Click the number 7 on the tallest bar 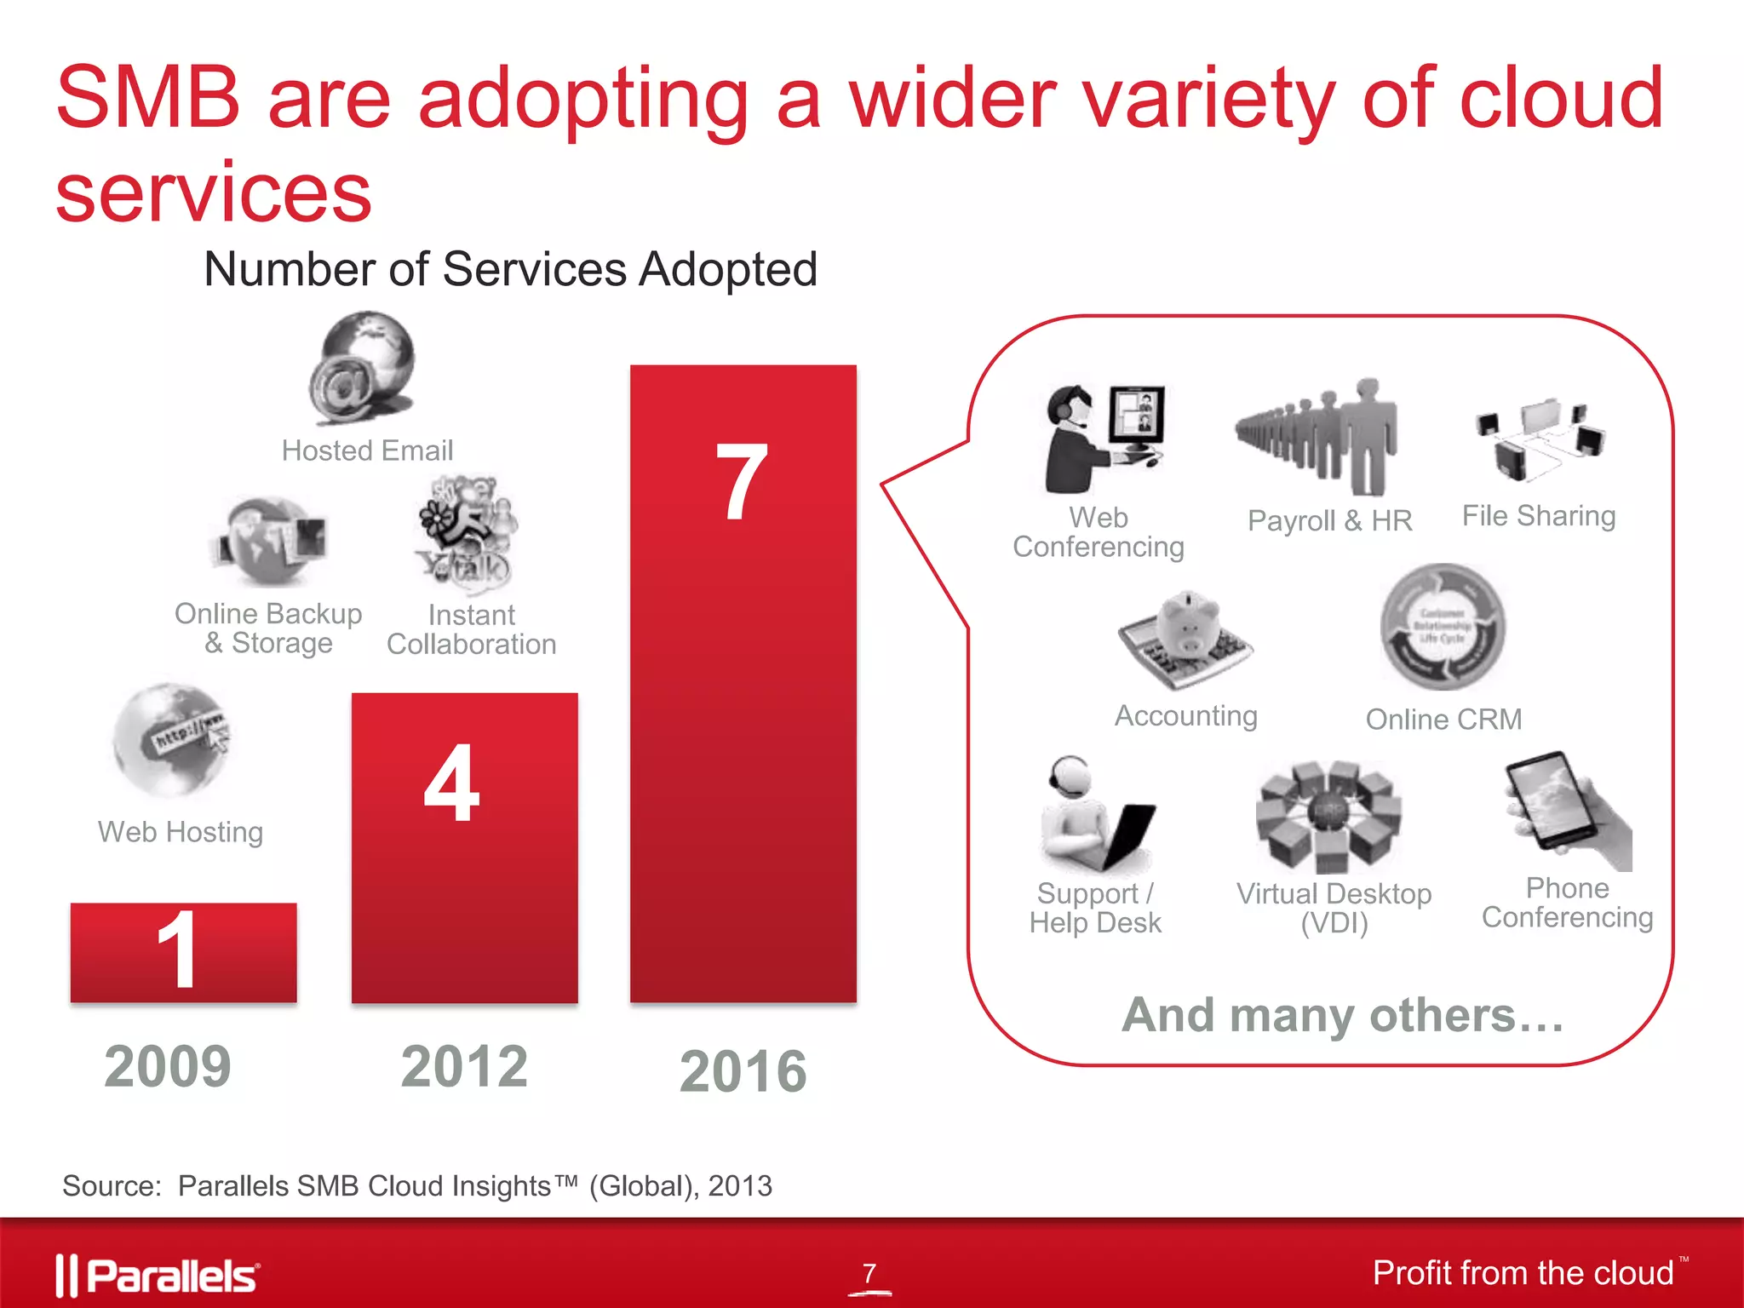tap(741, 483)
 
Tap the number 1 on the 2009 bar tap(178, 949)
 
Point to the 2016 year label tap(743, 1071)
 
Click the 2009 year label tap(168, 1066)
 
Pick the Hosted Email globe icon tap(364, 367)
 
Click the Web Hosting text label tap(181, 832)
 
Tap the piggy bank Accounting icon tap(1186, 640)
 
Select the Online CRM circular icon tap(1443, 627)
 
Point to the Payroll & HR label tap(1329, 520)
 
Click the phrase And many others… tap(1343, 1015)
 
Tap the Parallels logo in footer tap(158, 1275)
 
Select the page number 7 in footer tap(869, 1273)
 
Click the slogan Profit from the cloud tap(1523, 1273)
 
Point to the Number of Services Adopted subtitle tap(511, 270)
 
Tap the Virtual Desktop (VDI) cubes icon tap(1328, 815)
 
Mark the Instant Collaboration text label tap(471, 629)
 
